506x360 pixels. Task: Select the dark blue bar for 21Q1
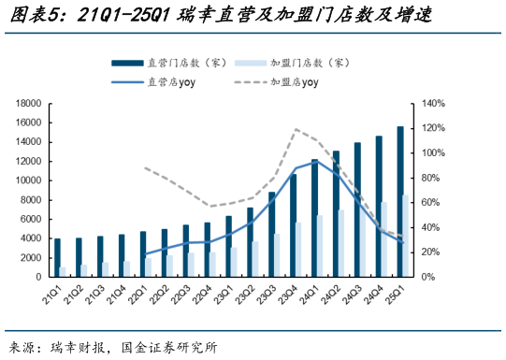coord(57,257)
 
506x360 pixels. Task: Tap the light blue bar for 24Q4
coord(383,239)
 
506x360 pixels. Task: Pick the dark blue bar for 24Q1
coord(315,218)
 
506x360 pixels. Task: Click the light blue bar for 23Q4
coord(298,250)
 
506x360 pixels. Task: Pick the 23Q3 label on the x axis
coord(265,297)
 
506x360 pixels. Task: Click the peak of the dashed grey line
coord(296,129)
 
